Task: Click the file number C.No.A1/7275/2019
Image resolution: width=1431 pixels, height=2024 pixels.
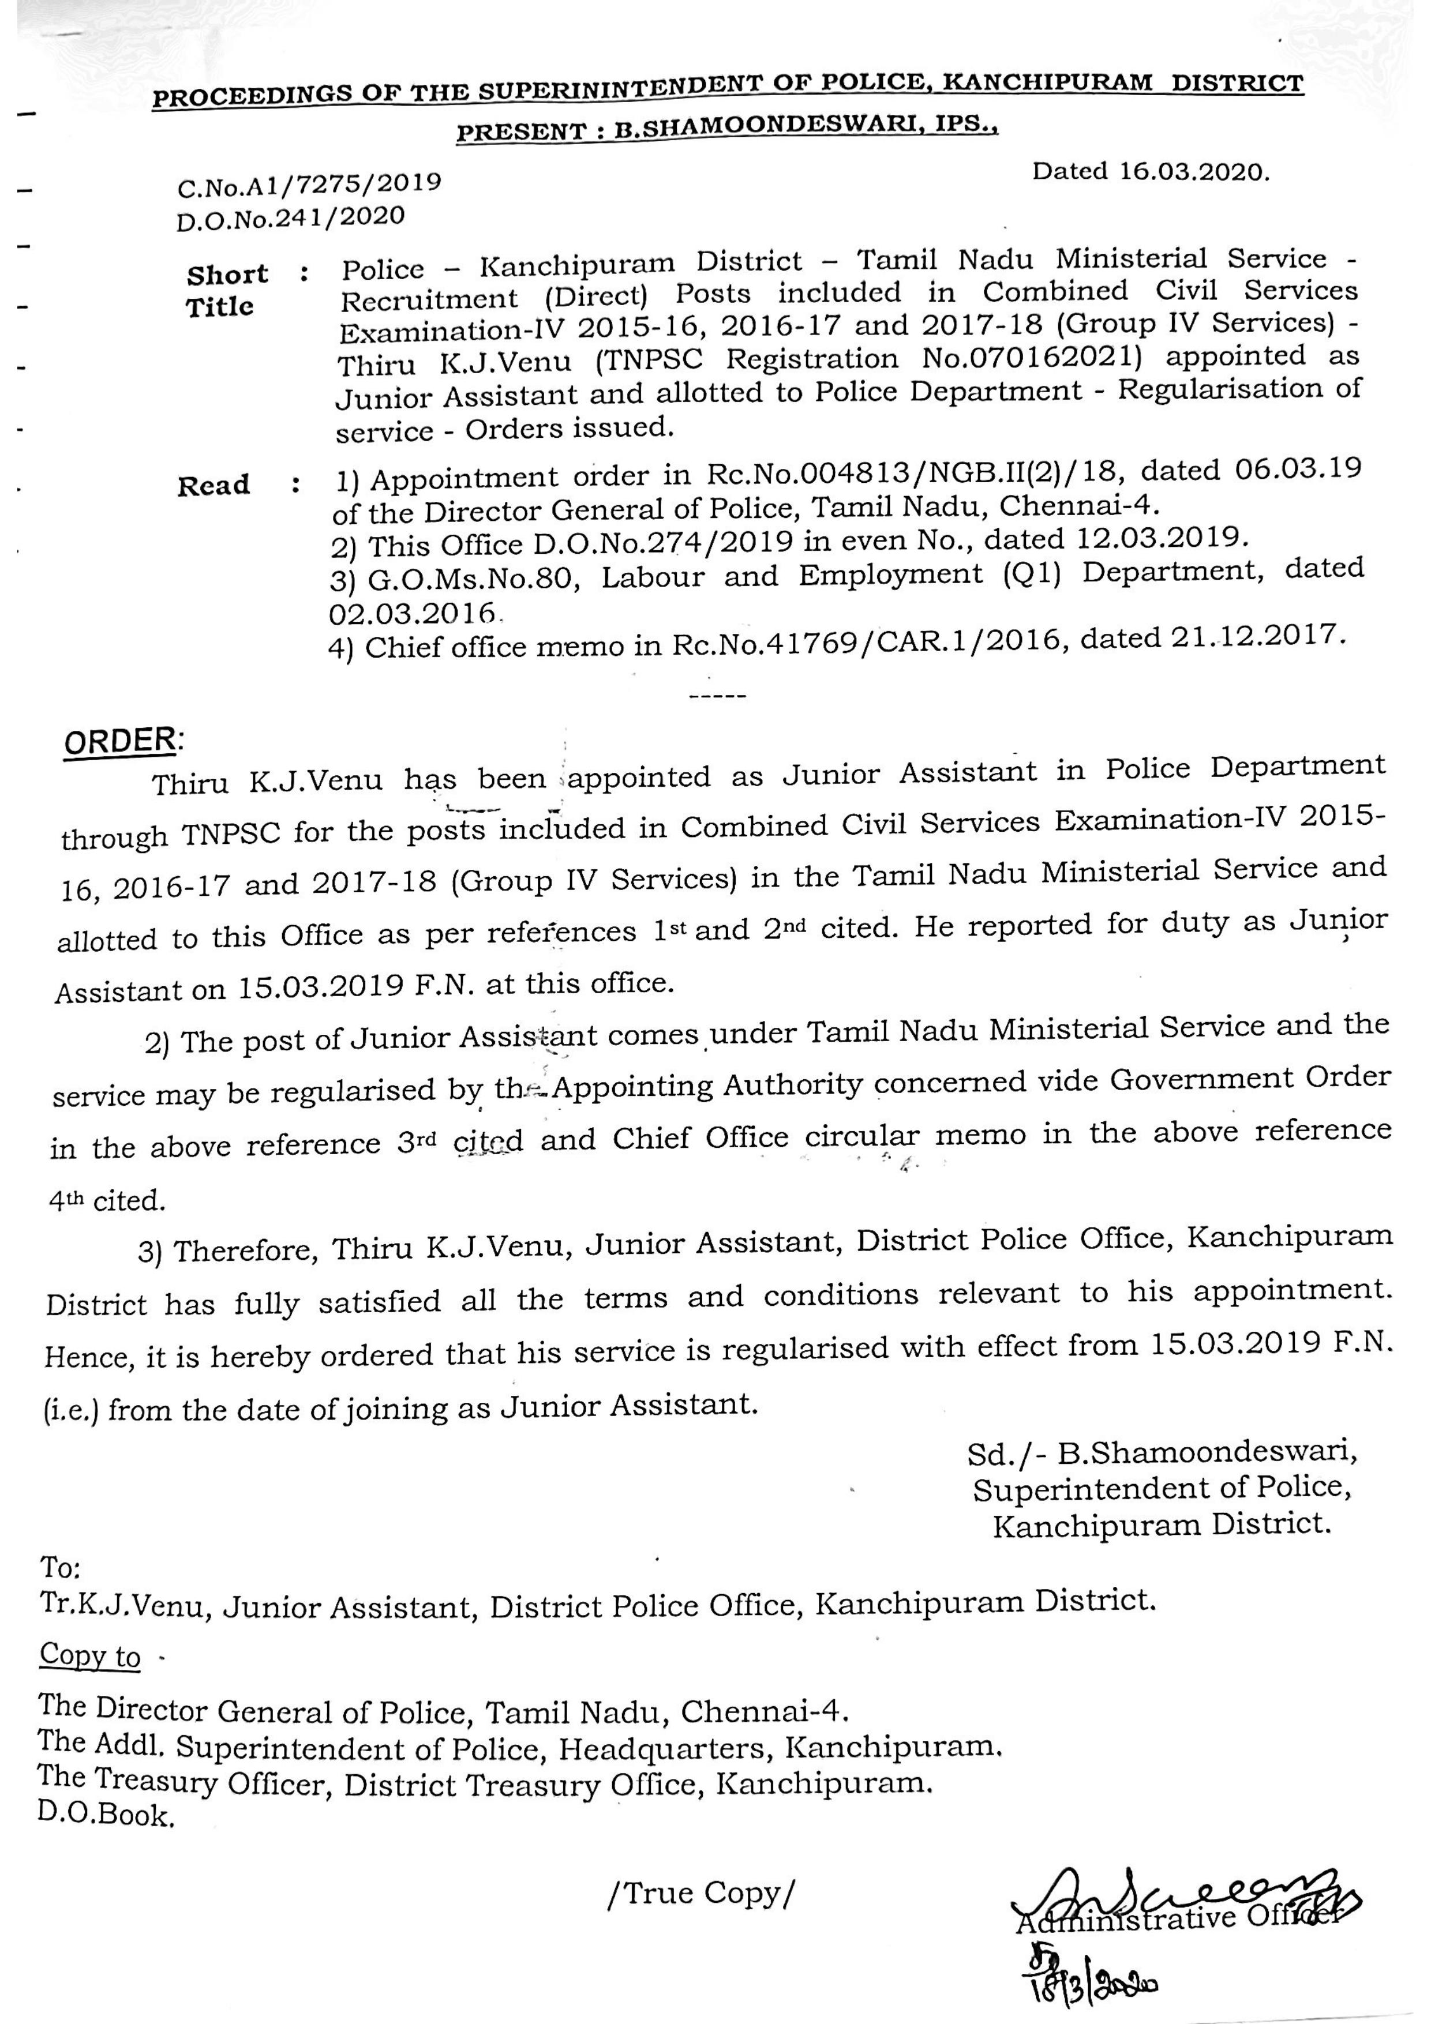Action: click(309, 184)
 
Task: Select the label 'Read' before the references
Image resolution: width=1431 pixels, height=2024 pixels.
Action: click(213, 486)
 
